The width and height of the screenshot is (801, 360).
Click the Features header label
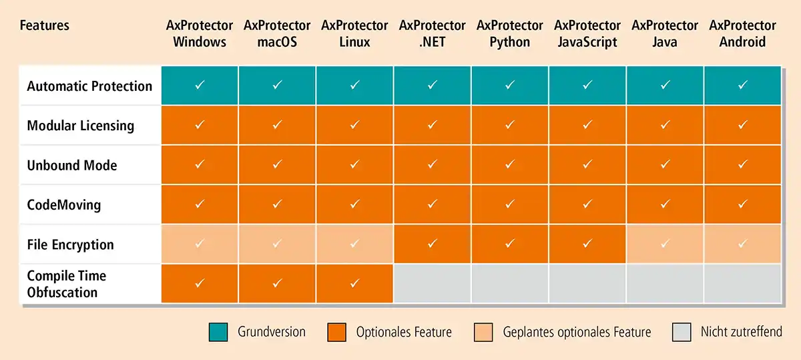[x=45, y=26]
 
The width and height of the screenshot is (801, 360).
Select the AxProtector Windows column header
[x=200, y=33]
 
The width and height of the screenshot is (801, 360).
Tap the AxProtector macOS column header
[x=277, y=33]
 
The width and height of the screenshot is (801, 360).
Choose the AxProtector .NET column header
[x=433, y=33]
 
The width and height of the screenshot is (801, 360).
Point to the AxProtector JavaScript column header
[x=587, y=33]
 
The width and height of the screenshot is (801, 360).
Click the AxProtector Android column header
[x=742, y=33]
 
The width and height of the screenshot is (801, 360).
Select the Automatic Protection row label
[x=89, y=86]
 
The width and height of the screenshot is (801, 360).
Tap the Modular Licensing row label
[x=80, y=126]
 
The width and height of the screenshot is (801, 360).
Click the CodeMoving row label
[x=64, y=204]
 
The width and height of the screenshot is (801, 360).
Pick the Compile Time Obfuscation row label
[x=66, y=284]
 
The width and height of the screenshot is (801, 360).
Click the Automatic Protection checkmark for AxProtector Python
[x=510, y=85]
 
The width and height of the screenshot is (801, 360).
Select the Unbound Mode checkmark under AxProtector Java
[x=665, y=165]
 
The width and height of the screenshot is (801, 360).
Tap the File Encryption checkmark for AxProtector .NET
[x=433, y=244]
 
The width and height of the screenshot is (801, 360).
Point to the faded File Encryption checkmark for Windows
[x=200, y=244]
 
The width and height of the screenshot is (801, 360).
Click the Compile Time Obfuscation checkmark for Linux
[x=354, y=283]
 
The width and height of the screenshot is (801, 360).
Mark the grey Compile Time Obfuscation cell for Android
[x=742, y=284]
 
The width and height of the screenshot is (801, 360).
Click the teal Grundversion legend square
[x=218, y=332]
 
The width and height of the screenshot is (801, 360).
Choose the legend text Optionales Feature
[x=404, y=332]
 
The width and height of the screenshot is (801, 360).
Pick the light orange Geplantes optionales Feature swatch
[x=483, y=332]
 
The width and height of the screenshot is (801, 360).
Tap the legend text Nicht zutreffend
[x=741, y=332]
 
